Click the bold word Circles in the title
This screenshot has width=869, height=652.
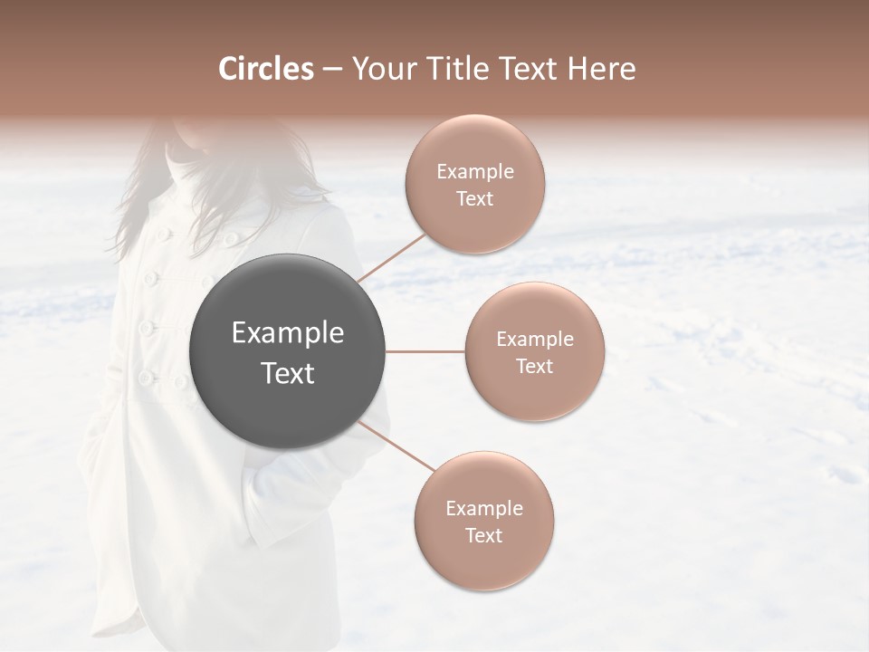click(265, 69)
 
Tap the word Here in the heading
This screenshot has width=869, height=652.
click(599, 69)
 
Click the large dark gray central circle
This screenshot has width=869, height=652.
click(288, 351)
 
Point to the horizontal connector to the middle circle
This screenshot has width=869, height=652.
click(425, 351)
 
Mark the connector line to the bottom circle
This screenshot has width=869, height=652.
click(396, 446)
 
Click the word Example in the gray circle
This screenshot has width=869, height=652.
click(288, 333)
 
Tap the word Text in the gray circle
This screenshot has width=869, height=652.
click(288, 373)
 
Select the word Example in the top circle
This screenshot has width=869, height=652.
click(475, 172)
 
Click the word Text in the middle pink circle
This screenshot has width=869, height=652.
click(534, 366)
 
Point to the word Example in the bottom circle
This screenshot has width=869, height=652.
click(484, 509)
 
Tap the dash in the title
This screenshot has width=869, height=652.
click(331, 69)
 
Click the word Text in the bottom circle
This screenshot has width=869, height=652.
click(483, 535)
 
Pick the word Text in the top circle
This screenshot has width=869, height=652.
click(474, 198)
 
